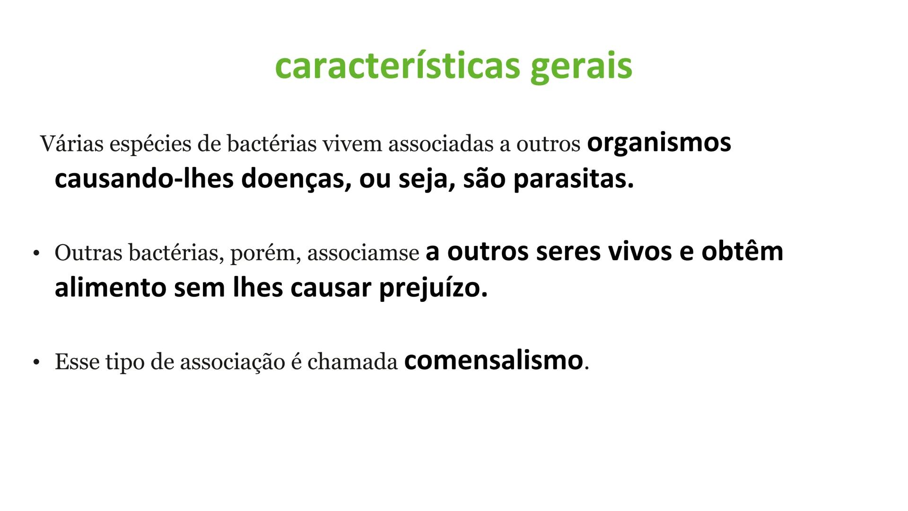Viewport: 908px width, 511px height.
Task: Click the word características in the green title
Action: point(396,66)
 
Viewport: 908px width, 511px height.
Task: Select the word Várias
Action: point(71,144)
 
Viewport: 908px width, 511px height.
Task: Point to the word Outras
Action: point(88,253)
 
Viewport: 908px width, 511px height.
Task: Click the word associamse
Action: point(363,253)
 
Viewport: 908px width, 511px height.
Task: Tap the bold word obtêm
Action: point(742,251)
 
